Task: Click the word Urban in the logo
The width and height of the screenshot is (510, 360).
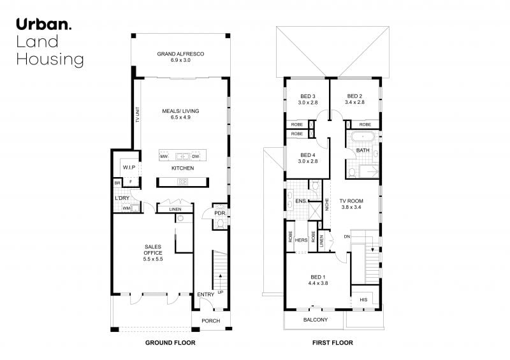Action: point(43,24)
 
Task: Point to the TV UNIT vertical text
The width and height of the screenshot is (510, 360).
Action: point(138,115)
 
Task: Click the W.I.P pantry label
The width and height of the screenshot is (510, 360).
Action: point(129,168)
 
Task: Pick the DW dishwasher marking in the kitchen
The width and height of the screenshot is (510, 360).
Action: point(196,157)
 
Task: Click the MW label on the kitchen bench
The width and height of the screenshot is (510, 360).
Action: point(164,157)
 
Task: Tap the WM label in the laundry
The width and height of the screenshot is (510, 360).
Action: point(126,208)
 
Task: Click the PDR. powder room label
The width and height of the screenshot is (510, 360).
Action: point(220,213)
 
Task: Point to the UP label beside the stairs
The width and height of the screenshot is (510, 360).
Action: point(221,292)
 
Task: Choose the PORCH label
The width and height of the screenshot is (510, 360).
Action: point(211,320)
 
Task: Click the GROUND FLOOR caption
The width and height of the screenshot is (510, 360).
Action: point(170,342)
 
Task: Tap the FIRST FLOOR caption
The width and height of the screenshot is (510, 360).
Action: point(332,342)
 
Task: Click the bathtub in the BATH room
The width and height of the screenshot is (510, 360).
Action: point(362,136)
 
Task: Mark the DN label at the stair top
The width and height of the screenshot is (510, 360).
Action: point(347,236)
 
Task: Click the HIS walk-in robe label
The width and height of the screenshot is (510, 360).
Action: point(363,299)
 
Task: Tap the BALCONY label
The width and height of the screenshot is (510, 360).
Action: point(316,320)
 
